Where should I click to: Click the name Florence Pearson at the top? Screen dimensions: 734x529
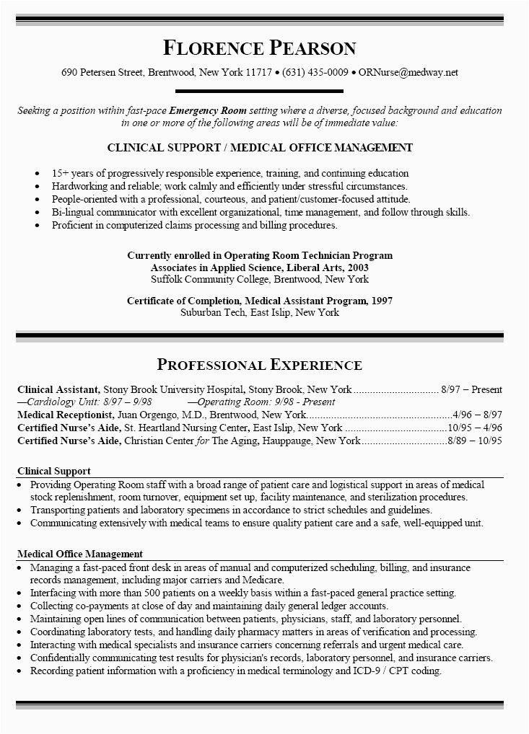260,48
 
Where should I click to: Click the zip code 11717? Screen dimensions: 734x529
258,73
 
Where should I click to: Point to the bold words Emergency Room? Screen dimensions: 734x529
208,111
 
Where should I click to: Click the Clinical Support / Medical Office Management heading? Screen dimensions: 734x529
260,148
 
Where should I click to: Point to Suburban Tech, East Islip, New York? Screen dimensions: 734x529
259,313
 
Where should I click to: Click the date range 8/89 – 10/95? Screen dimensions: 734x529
475,440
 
